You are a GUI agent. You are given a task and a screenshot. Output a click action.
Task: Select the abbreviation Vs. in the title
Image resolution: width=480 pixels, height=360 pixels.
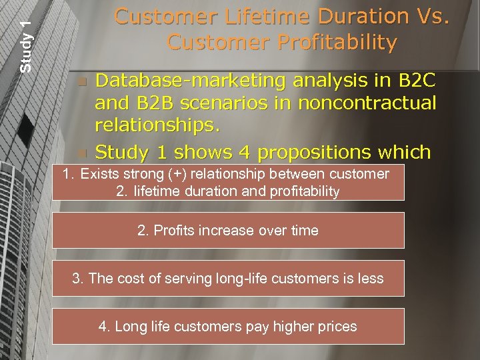[x=427, y=16]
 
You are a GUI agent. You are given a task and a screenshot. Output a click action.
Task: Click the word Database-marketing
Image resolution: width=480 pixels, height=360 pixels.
[x=190, y=81]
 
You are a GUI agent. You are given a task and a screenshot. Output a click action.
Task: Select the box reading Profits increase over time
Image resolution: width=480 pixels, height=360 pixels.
[x=228, y=231]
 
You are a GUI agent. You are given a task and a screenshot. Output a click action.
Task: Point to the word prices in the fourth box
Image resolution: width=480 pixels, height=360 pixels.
[x=337, y=327]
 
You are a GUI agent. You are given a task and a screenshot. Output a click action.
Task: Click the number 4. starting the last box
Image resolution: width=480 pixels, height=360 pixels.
[x=104, y=327]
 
